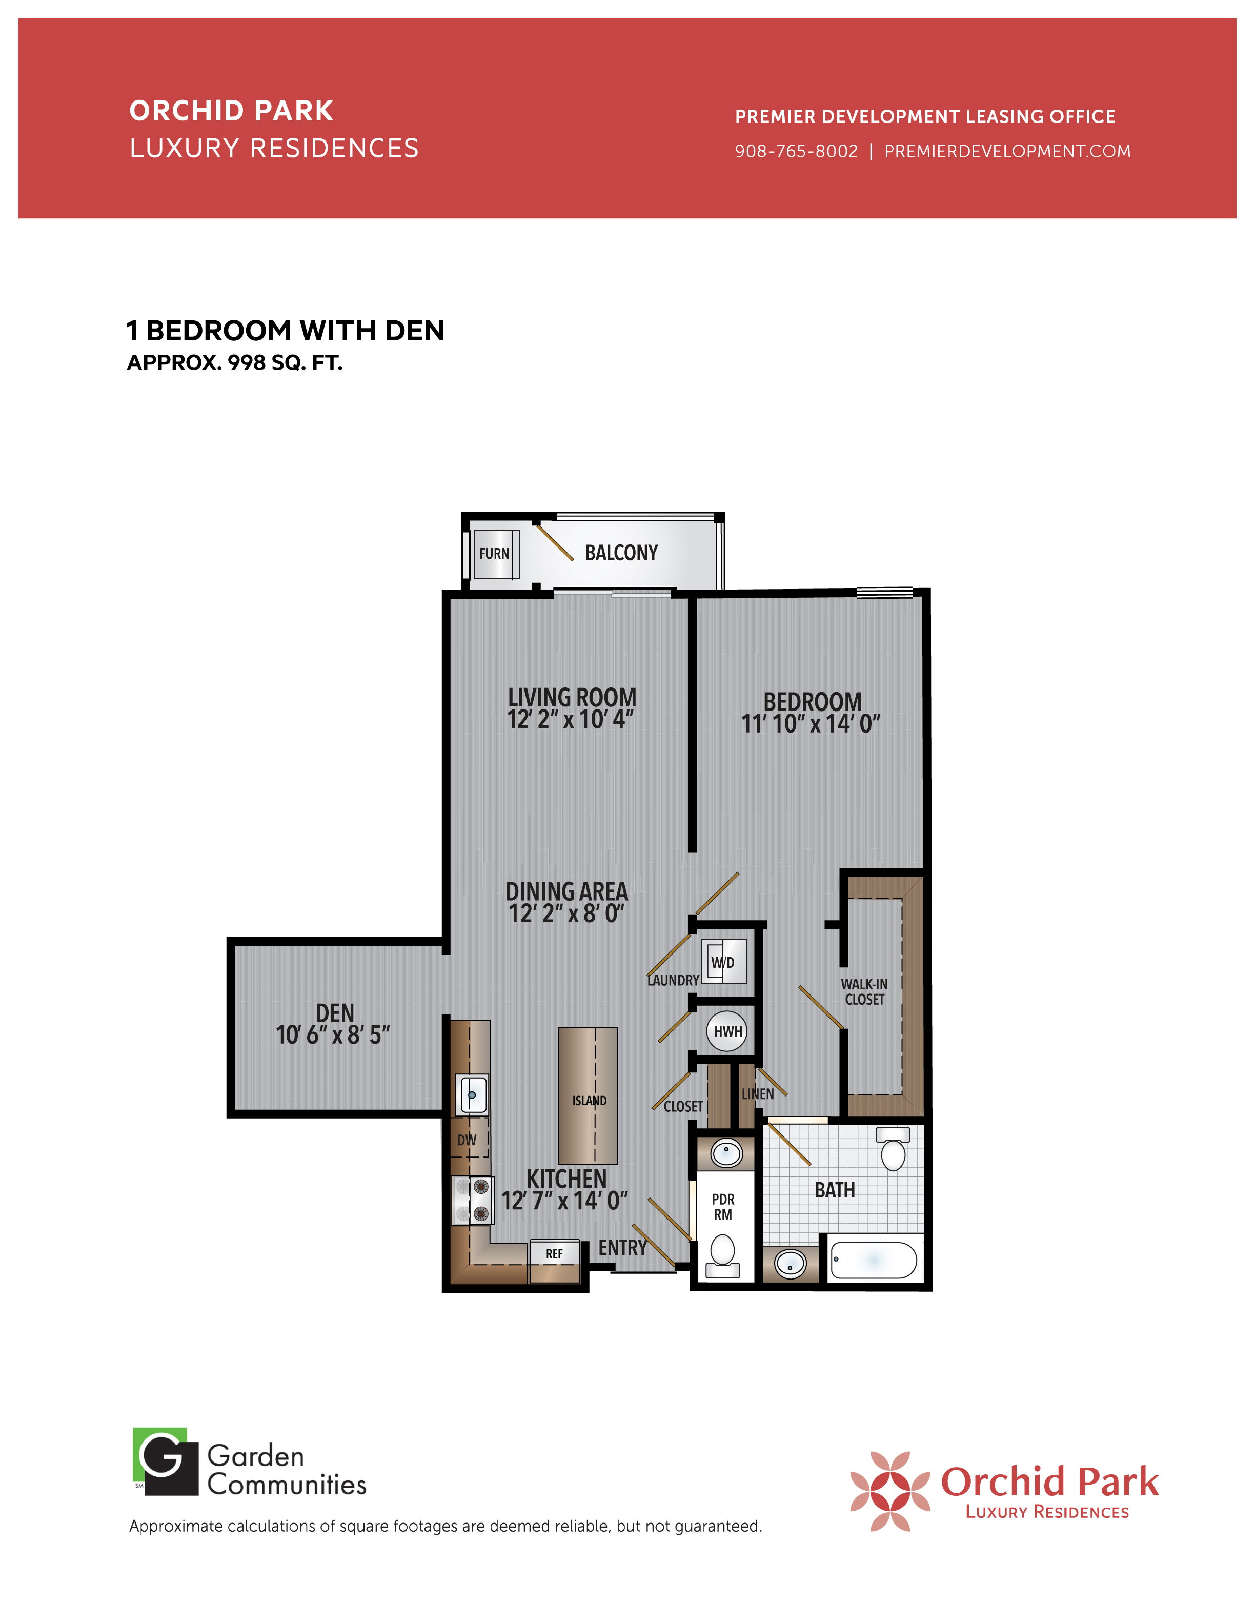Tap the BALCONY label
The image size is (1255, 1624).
click(x=621, y=553)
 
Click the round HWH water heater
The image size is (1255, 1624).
click(x=727, y=1031)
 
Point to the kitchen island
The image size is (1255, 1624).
click(x=588, y=1095)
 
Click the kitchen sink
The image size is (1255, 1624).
click(x=472, y=1094)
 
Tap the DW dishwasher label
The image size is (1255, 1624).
click(x=467, y=1140)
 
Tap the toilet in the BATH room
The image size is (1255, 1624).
click(x=893, y=1149)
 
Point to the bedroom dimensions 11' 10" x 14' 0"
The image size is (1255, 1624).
click(x=811, y=723)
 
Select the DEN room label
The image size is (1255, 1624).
click(x=335, y=1013)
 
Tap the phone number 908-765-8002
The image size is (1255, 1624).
click(x=796, y=151)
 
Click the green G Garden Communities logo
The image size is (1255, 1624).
click(x=165, y=1461)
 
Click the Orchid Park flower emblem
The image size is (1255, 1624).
click(x=890, y=1491)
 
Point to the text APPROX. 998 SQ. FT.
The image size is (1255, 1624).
click(x=235, y=363)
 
